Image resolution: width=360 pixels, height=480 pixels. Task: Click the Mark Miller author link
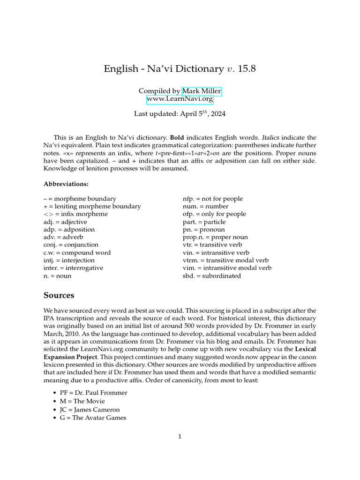202,90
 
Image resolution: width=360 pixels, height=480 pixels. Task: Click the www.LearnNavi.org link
180,99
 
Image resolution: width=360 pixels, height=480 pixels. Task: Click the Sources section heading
59,295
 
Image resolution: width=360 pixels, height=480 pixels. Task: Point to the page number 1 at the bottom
180,436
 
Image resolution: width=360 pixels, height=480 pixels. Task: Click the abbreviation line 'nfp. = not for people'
212,199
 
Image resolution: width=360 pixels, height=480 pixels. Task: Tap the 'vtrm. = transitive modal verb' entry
225,260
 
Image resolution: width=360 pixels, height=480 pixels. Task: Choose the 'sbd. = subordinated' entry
211,276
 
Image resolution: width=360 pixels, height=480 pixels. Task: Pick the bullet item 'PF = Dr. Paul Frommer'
93,392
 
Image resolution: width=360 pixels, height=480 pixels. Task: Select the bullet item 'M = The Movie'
82,401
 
